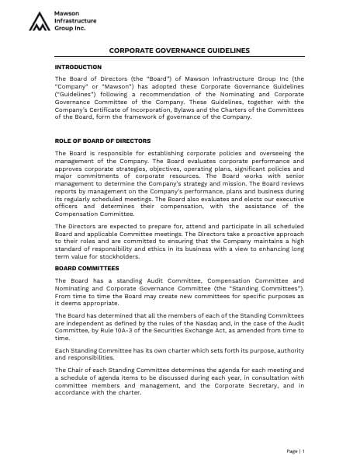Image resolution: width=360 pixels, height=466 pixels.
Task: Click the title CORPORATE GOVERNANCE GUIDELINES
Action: (x=179, y=50)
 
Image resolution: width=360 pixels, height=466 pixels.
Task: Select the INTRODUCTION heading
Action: (x=78, y=68)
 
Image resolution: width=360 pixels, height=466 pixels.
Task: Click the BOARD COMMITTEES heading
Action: (x=82, y=268)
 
